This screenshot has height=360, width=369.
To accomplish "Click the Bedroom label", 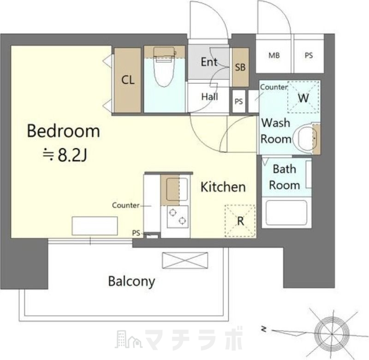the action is click(64, 131).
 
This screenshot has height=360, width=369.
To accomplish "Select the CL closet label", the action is click(128, 80).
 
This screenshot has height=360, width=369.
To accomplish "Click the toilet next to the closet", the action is click(164, 66).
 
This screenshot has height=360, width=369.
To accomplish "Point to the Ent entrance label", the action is click(209, 62).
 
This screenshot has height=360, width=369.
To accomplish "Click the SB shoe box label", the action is click(240, 67).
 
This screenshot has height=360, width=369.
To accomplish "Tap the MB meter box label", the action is click(274, 55).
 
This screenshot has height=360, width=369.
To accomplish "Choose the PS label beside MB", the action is click(309, 55).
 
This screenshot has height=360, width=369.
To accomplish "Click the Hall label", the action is click(210, 96).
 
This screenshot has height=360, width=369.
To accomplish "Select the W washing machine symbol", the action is click(304, 97).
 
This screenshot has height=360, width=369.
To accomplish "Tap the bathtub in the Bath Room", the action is click(286, 213).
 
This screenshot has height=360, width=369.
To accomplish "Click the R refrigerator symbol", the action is click(240, 221).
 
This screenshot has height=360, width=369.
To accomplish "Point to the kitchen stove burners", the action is click(178, 216).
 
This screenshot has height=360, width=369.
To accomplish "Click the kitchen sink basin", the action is click(177, 189).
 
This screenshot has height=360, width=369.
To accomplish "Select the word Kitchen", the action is click(223, 187).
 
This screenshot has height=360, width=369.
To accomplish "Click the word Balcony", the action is click(131, 282).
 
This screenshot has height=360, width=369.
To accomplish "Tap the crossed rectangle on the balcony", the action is click(185, 260).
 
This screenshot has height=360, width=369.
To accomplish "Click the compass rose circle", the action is click(332, 333).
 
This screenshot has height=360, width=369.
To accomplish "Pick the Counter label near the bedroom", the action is click(126, 205).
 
